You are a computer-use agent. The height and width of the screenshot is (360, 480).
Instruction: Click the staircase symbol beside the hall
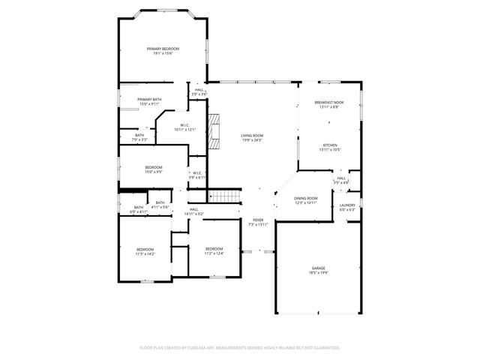[224, 196]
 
